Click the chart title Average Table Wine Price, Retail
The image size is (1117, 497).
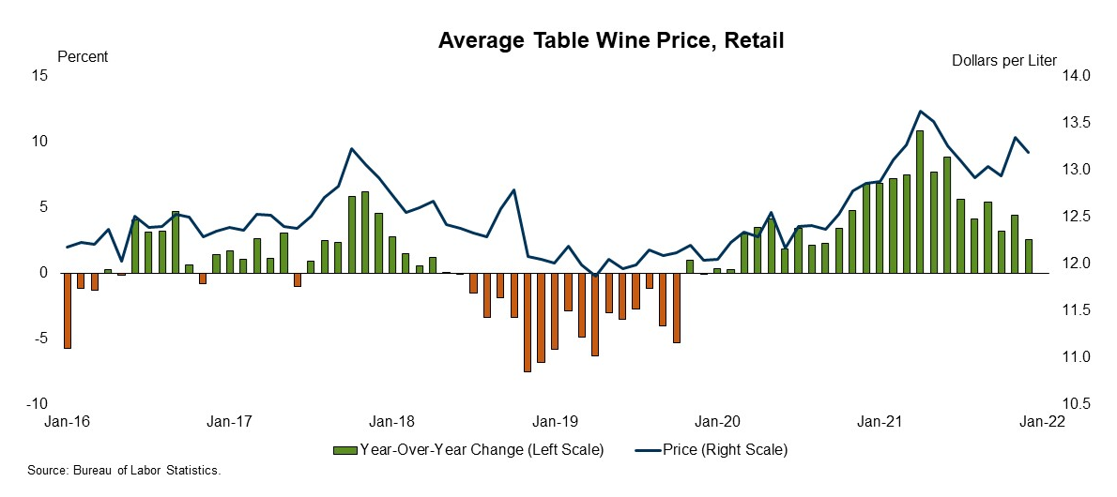[610, 41]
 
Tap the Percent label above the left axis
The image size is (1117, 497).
[83, 57]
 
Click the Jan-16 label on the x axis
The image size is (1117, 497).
[67, 422]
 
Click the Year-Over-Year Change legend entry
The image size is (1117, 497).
[469, 450]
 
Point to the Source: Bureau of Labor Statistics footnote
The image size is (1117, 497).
[125, 471]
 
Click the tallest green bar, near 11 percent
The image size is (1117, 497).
[920, 202]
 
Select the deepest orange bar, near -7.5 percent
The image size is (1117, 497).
[527, 322]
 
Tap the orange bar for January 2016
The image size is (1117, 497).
[68, 310]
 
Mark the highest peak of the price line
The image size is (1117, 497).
[920, 111]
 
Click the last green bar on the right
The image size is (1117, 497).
[1029, 256]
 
